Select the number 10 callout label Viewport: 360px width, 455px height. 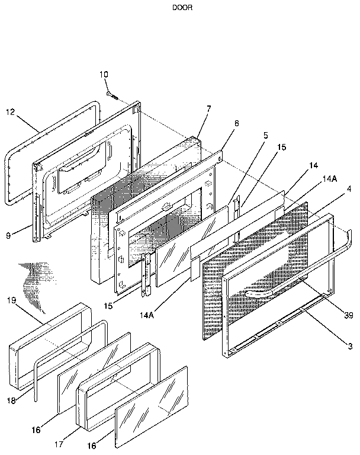pos(104,75)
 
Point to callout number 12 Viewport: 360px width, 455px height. pos(10,111)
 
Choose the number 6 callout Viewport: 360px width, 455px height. pos(236,123)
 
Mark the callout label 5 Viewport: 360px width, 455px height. pos(266,134)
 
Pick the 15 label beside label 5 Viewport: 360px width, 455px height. pos(281,146)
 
